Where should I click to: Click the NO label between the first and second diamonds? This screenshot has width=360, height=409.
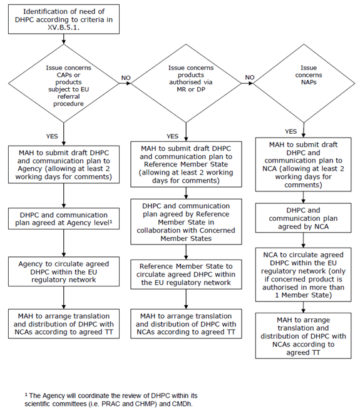[126, 78]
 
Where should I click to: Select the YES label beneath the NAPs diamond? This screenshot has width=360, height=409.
[290, 132]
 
